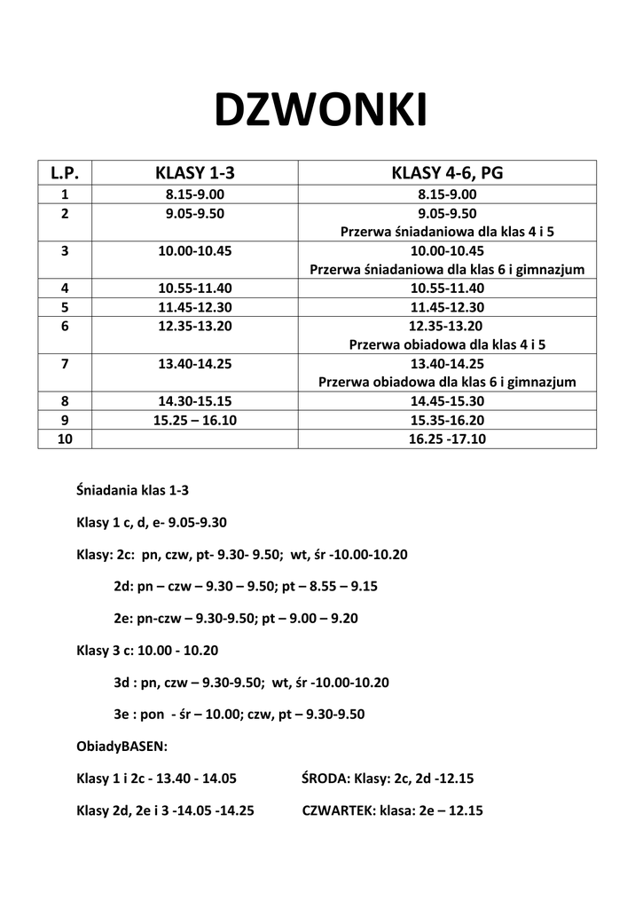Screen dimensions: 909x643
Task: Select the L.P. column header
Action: [x=65, y=173]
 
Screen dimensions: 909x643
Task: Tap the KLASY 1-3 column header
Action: [x=195, y=173]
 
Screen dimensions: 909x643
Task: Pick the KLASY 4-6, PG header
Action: [x=447, y=173]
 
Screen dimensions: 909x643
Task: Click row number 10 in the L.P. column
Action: [x=65, y=439]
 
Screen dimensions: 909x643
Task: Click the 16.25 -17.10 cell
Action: [x=447, y=439]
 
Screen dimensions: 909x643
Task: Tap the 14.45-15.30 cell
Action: [x=447, y=400]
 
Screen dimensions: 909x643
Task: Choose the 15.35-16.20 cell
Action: [x=447, y=420]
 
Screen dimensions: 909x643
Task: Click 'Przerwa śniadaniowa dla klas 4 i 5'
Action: [x=447, y=232]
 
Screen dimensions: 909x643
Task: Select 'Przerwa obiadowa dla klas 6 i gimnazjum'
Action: [x=447, y=382]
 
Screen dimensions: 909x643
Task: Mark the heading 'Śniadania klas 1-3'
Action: [x=133, y=489]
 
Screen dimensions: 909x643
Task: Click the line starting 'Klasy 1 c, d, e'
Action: [x=158, y=522]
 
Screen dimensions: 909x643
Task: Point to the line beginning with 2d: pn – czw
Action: [x=246, y=586]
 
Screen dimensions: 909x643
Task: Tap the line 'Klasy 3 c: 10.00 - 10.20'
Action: [x=147, y=650]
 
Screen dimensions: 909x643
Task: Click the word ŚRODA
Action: [x=325, y=779]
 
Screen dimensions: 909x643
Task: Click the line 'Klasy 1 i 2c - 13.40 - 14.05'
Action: [x=157, y=779]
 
